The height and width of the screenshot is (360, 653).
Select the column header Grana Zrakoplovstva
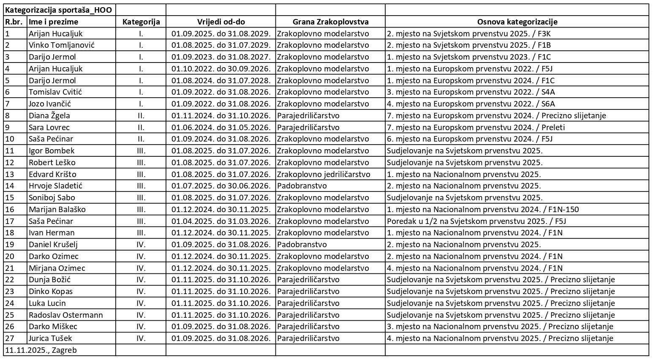[x=330, y=22]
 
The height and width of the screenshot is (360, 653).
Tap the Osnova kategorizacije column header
[x=517, y=22]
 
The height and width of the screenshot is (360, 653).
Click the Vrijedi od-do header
[x=220, y=22]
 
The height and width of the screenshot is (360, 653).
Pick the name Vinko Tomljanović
[x=62, y=45]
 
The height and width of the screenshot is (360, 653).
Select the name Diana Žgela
[x=49, y=115]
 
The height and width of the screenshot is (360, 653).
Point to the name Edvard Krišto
[x=52, y=174]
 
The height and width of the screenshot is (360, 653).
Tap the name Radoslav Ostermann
[x=66, y=315]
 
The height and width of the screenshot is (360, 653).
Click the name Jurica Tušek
[x=50, y=338]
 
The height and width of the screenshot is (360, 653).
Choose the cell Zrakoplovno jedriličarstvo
[x=324, y=174]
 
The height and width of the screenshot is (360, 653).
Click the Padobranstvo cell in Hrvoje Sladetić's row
[x=302, y=186]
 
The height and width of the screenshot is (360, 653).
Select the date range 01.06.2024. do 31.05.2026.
[x=220, y=127]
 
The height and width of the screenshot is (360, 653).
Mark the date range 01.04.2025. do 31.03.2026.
[x=220, y=221]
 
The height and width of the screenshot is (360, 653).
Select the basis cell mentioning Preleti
[x=476, y=127]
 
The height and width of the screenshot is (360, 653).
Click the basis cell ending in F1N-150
[x=483, y=209]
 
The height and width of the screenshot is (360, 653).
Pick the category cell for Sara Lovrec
[x=141, y=127]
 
